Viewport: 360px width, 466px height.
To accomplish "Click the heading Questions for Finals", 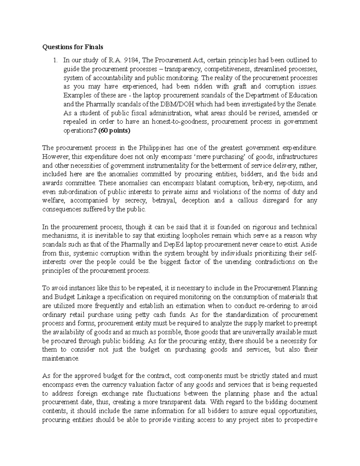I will point(73,47).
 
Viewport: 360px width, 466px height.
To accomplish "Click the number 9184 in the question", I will point(131,60).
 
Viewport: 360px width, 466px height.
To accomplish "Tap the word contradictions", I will point(278,262).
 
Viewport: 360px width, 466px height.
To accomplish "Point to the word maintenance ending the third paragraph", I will point(60,359).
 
